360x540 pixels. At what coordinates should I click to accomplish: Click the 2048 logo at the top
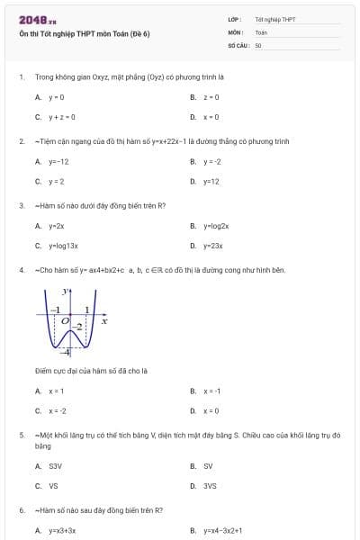(37, 20)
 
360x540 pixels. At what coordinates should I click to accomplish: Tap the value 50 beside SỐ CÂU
(258, 44)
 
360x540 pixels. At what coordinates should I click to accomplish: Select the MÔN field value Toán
(261, 31)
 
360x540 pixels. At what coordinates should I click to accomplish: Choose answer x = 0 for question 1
(211, 117)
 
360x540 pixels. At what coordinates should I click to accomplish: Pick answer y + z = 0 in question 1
(61, 117)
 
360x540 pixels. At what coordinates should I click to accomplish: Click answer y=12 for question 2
(211, 181)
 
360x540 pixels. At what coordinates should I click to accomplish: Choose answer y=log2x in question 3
(216, 226)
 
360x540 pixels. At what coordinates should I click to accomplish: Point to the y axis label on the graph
(64, 292)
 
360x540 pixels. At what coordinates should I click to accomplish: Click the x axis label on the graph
(103, 320)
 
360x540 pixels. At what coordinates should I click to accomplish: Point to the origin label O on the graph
(65, 319)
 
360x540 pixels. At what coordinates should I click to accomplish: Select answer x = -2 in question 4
(58, 410)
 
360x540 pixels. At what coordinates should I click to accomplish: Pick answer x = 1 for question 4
(56, 391)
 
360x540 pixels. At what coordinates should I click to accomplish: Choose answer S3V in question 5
(55, 466)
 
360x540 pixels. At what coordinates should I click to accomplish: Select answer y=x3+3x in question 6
(62, 531)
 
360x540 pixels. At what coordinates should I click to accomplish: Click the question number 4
(21, 269)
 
